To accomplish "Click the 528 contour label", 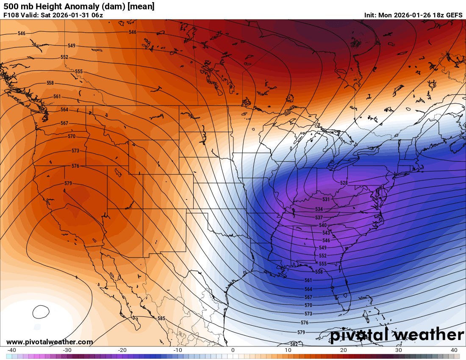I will click(344, 183).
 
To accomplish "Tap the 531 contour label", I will click(326, 199).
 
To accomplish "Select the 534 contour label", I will click(319, 209).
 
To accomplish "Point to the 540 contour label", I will click(322, 225).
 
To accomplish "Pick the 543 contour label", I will click(326, 233).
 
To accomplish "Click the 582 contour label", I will click(294, 344).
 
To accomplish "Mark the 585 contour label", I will click(161, 318).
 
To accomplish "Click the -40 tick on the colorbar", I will click(12, 350).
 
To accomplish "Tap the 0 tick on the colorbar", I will click(233, 350).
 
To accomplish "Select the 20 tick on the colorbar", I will click(343, 350).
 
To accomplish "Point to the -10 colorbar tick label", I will click(178, 350).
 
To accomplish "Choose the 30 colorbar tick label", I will click(398, 350).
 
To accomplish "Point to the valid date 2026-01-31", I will click(67, 15).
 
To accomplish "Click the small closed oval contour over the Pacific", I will click(41, 312).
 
